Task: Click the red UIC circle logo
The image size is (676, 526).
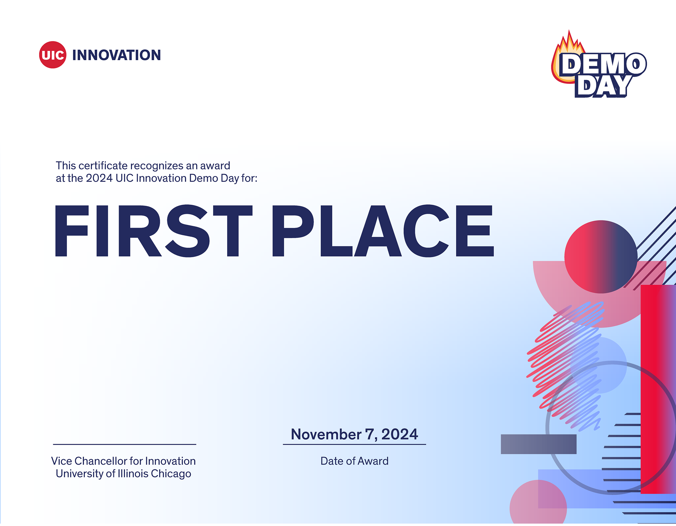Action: coord(52,55)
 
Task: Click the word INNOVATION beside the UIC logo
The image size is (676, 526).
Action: coord(116,55)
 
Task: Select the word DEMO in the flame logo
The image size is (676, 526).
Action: coord(603,64)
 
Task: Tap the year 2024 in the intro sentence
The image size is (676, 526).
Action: coord(99,178)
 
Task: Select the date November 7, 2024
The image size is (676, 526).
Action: coord(354,434)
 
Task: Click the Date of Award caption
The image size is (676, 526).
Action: coord(354,461)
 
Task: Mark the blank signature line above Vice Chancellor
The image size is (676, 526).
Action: coord(124,444)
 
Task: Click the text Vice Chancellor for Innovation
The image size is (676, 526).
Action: coord(123,461)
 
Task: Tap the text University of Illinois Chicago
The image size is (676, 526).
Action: coord(123,474)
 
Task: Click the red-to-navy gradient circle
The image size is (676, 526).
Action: coord(601,257)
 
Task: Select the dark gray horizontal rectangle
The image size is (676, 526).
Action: coord(538,444)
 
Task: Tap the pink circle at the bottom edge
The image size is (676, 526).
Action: coord(538,506)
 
